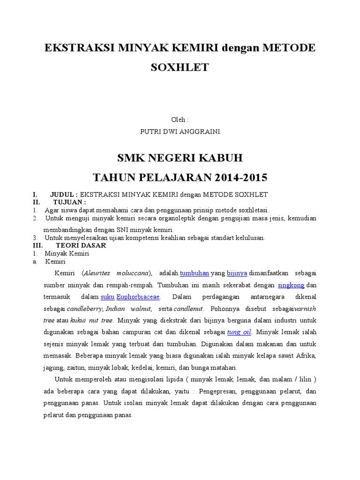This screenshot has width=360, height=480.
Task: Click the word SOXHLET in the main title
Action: [180, 67]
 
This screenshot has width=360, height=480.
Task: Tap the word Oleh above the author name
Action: [179, 120]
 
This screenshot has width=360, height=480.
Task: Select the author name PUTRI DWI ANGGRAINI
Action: [180, 132]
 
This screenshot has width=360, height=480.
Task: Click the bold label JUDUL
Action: [64, 195]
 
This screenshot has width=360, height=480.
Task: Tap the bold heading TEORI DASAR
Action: [81, 245]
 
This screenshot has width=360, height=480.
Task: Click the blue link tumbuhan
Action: [194, 273]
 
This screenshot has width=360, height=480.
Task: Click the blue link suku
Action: [107, 297]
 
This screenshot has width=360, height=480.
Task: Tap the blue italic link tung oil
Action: [239, 332]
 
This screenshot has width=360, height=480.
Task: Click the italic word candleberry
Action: [85, 309]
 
